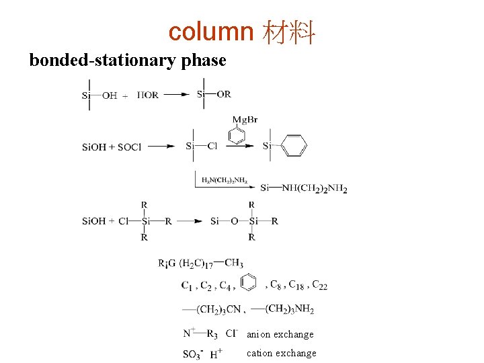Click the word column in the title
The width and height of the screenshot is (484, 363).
(210, 32)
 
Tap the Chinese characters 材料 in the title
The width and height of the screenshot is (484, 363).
(290, 32)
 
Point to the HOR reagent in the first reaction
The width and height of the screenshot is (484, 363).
(148, 95)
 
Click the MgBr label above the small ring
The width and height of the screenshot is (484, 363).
(245, 120)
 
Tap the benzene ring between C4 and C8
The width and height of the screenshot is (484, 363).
(248, 282)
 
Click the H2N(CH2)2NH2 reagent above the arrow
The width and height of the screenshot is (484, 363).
(224, 180)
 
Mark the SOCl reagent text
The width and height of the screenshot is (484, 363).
(130, 147)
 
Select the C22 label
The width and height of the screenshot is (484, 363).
(319, 285)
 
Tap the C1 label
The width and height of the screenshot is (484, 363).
(188, 286)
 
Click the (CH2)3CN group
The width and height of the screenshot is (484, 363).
(219, 309)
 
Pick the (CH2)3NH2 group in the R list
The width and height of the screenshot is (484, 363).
(289, 309)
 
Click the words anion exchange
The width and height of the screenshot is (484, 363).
(280, 334)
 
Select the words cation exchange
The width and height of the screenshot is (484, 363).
(281, 353)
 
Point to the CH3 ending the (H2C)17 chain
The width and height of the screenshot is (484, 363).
(234, 263)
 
